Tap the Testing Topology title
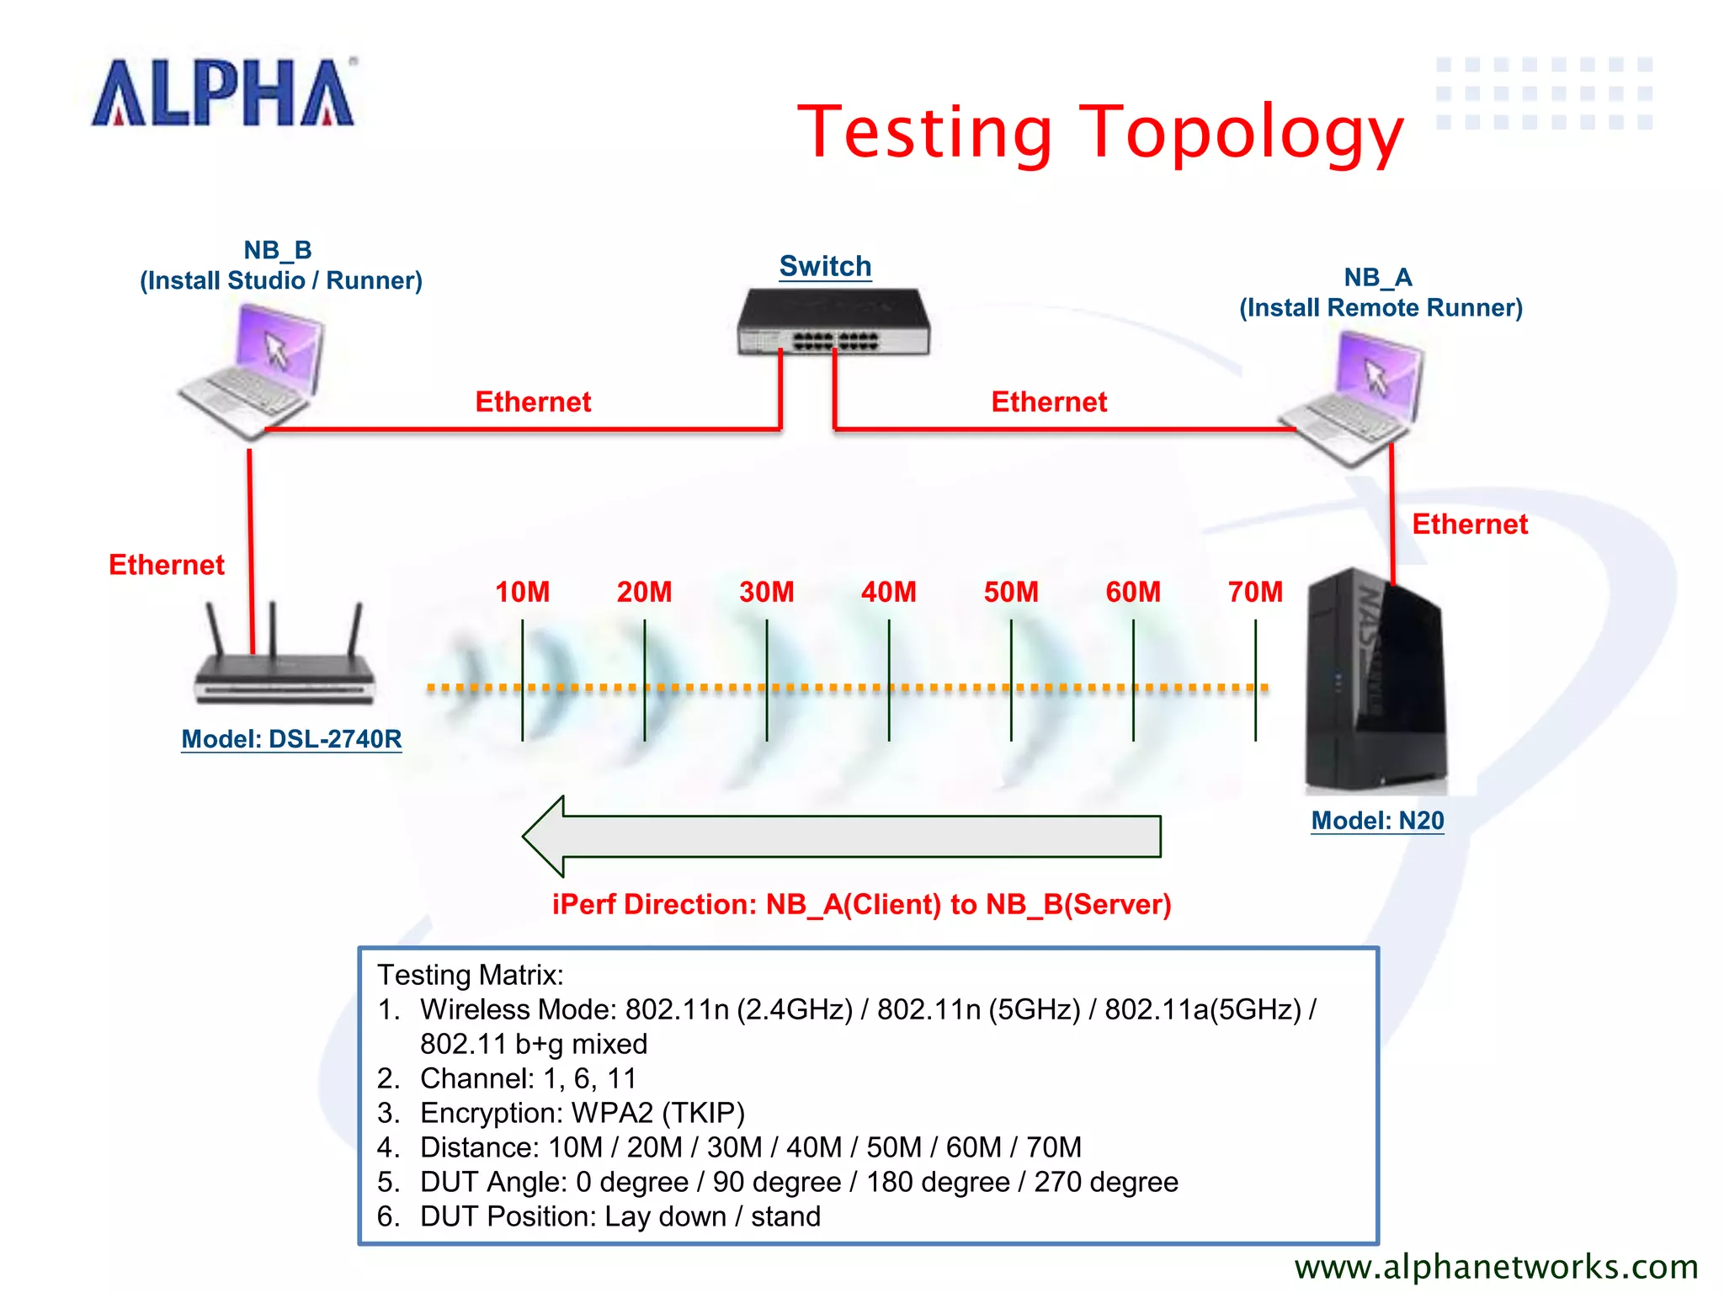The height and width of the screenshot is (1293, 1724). coord(1100,132)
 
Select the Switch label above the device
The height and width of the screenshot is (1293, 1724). coord(825,266)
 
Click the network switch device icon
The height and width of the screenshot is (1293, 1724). coord(833,323)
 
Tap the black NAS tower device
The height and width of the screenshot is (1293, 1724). coord(1374,682)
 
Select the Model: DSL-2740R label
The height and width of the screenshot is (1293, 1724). coord(291,739)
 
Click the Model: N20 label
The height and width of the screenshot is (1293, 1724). coord(1377,821)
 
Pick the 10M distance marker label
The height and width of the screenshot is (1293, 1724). coord(522,592)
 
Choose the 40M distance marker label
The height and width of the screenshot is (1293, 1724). coord(888,592)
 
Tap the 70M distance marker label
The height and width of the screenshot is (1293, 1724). coord(1255,592)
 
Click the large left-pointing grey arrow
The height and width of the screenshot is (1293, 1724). coord(842,836)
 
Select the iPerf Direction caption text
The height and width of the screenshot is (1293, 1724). coord(861,904)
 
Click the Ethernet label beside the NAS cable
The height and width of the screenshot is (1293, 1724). coord(1469,524)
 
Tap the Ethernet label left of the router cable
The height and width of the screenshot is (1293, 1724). coord(167,565)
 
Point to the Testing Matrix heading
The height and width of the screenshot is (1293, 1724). coord(470,975)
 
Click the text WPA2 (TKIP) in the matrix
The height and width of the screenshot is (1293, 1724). coord(658,1113)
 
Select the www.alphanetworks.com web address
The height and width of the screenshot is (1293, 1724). coord(1496,1267)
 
